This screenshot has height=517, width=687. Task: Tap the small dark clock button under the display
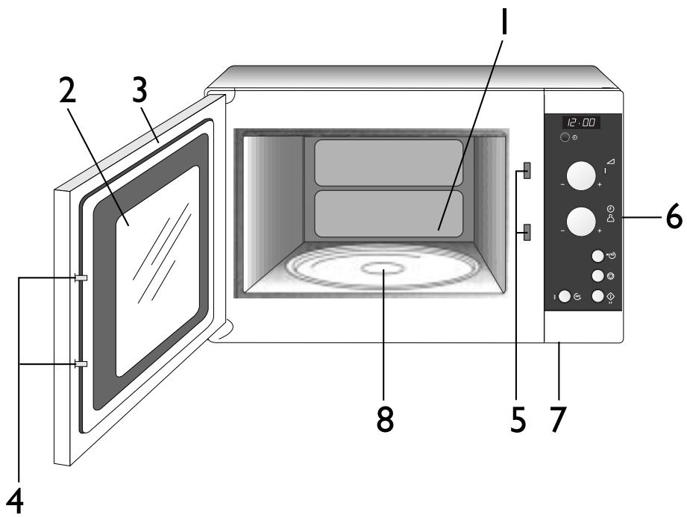tap(566, 139)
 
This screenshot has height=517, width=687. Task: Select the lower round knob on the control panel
tap(580, 222)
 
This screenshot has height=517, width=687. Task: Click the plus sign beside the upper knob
tap(600, 184)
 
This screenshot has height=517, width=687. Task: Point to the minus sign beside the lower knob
tap(562, 231)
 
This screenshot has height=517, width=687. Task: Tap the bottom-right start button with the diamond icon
tap(597, 296)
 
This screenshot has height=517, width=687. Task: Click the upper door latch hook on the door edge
tap(81, 278)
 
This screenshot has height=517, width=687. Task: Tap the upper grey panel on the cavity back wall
tap(389, 162)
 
